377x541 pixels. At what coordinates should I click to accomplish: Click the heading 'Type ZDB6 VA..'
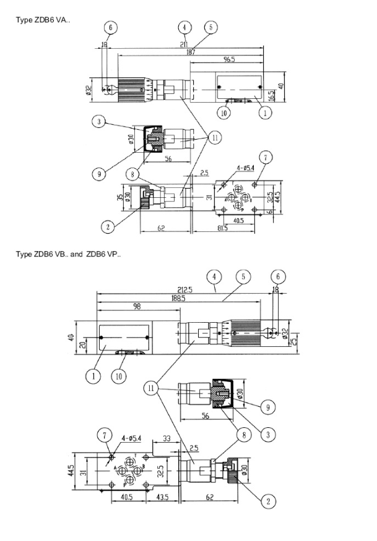43,20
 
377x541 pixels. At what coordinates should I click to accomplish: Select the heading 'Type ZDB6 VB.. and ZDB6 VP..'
69,254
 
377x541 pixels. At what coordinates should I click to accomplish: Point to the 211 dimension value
184,45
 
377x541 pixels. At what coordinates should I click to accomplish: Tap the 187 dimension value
191,54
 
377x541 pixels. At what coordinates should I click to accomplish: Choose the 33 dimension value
166,438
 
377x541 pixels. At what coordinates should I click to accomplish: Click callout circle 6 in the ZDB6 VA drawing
111,28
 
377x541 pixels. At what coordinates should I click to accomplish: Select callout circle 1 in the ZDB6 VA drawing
264,113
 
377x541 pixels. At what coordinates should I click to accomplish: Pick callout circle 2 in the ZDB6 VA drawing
108,227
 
